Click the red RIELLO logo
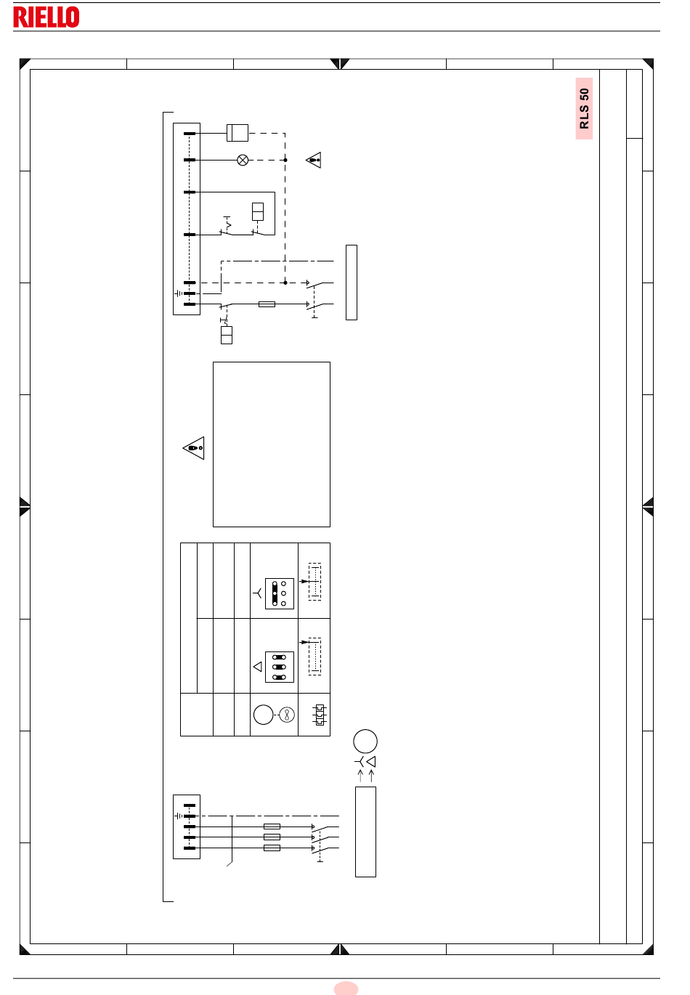[46, 17]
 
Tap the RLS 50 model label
[584, 108]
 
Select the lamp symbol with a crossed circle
[243, 160]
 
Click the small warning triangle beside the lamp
[314, 160]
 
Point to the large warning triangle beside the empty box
[194, 447]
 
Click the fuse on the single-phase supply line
[267, 304]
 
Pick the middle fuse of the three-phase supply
[272, 837]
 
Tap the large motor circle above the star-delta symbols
[365, 741]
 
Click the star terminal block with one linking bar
[280, 593]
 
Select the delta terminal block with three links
[280, 667]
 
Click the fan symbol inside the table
[287, 715]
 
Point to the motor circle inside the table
[263, 715]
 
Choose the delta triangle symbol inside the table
[258, 667]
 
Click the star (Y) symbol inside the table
[258, 593]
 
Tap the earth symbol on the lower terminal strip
[179, 816]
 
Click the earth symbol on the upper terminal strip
[179, 293]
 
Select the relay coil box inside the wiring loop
[258, 211]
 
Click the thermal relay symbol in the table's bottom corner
[320, 715]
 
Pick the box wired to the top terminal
[238, 133]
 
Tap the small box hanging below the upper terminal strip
[227, 335]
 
